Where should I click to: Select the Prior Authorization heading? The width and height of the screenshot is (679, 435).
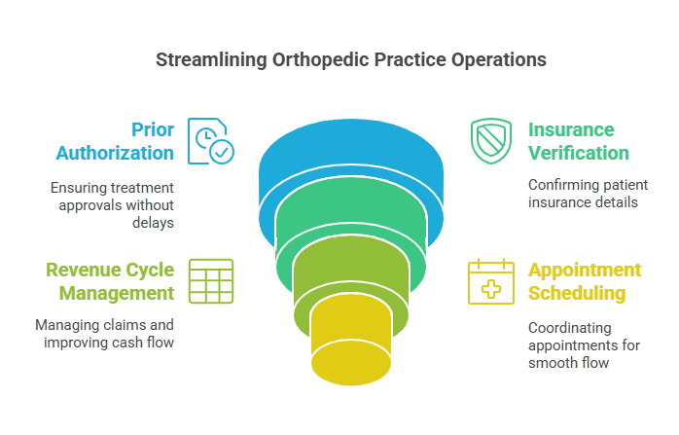[x=115, y=141]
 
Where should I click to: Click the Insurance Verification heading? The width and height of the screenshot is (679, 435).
[x=578, y=141]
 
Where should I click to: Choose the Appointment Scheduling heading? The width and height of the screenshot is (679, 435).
[x=584, y=281]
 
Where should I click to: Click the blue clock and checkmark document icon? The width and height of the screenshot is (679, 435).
[x=211, y=140]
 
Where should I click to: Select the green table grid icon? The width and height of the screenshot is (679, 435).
[x=211, y=281]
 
